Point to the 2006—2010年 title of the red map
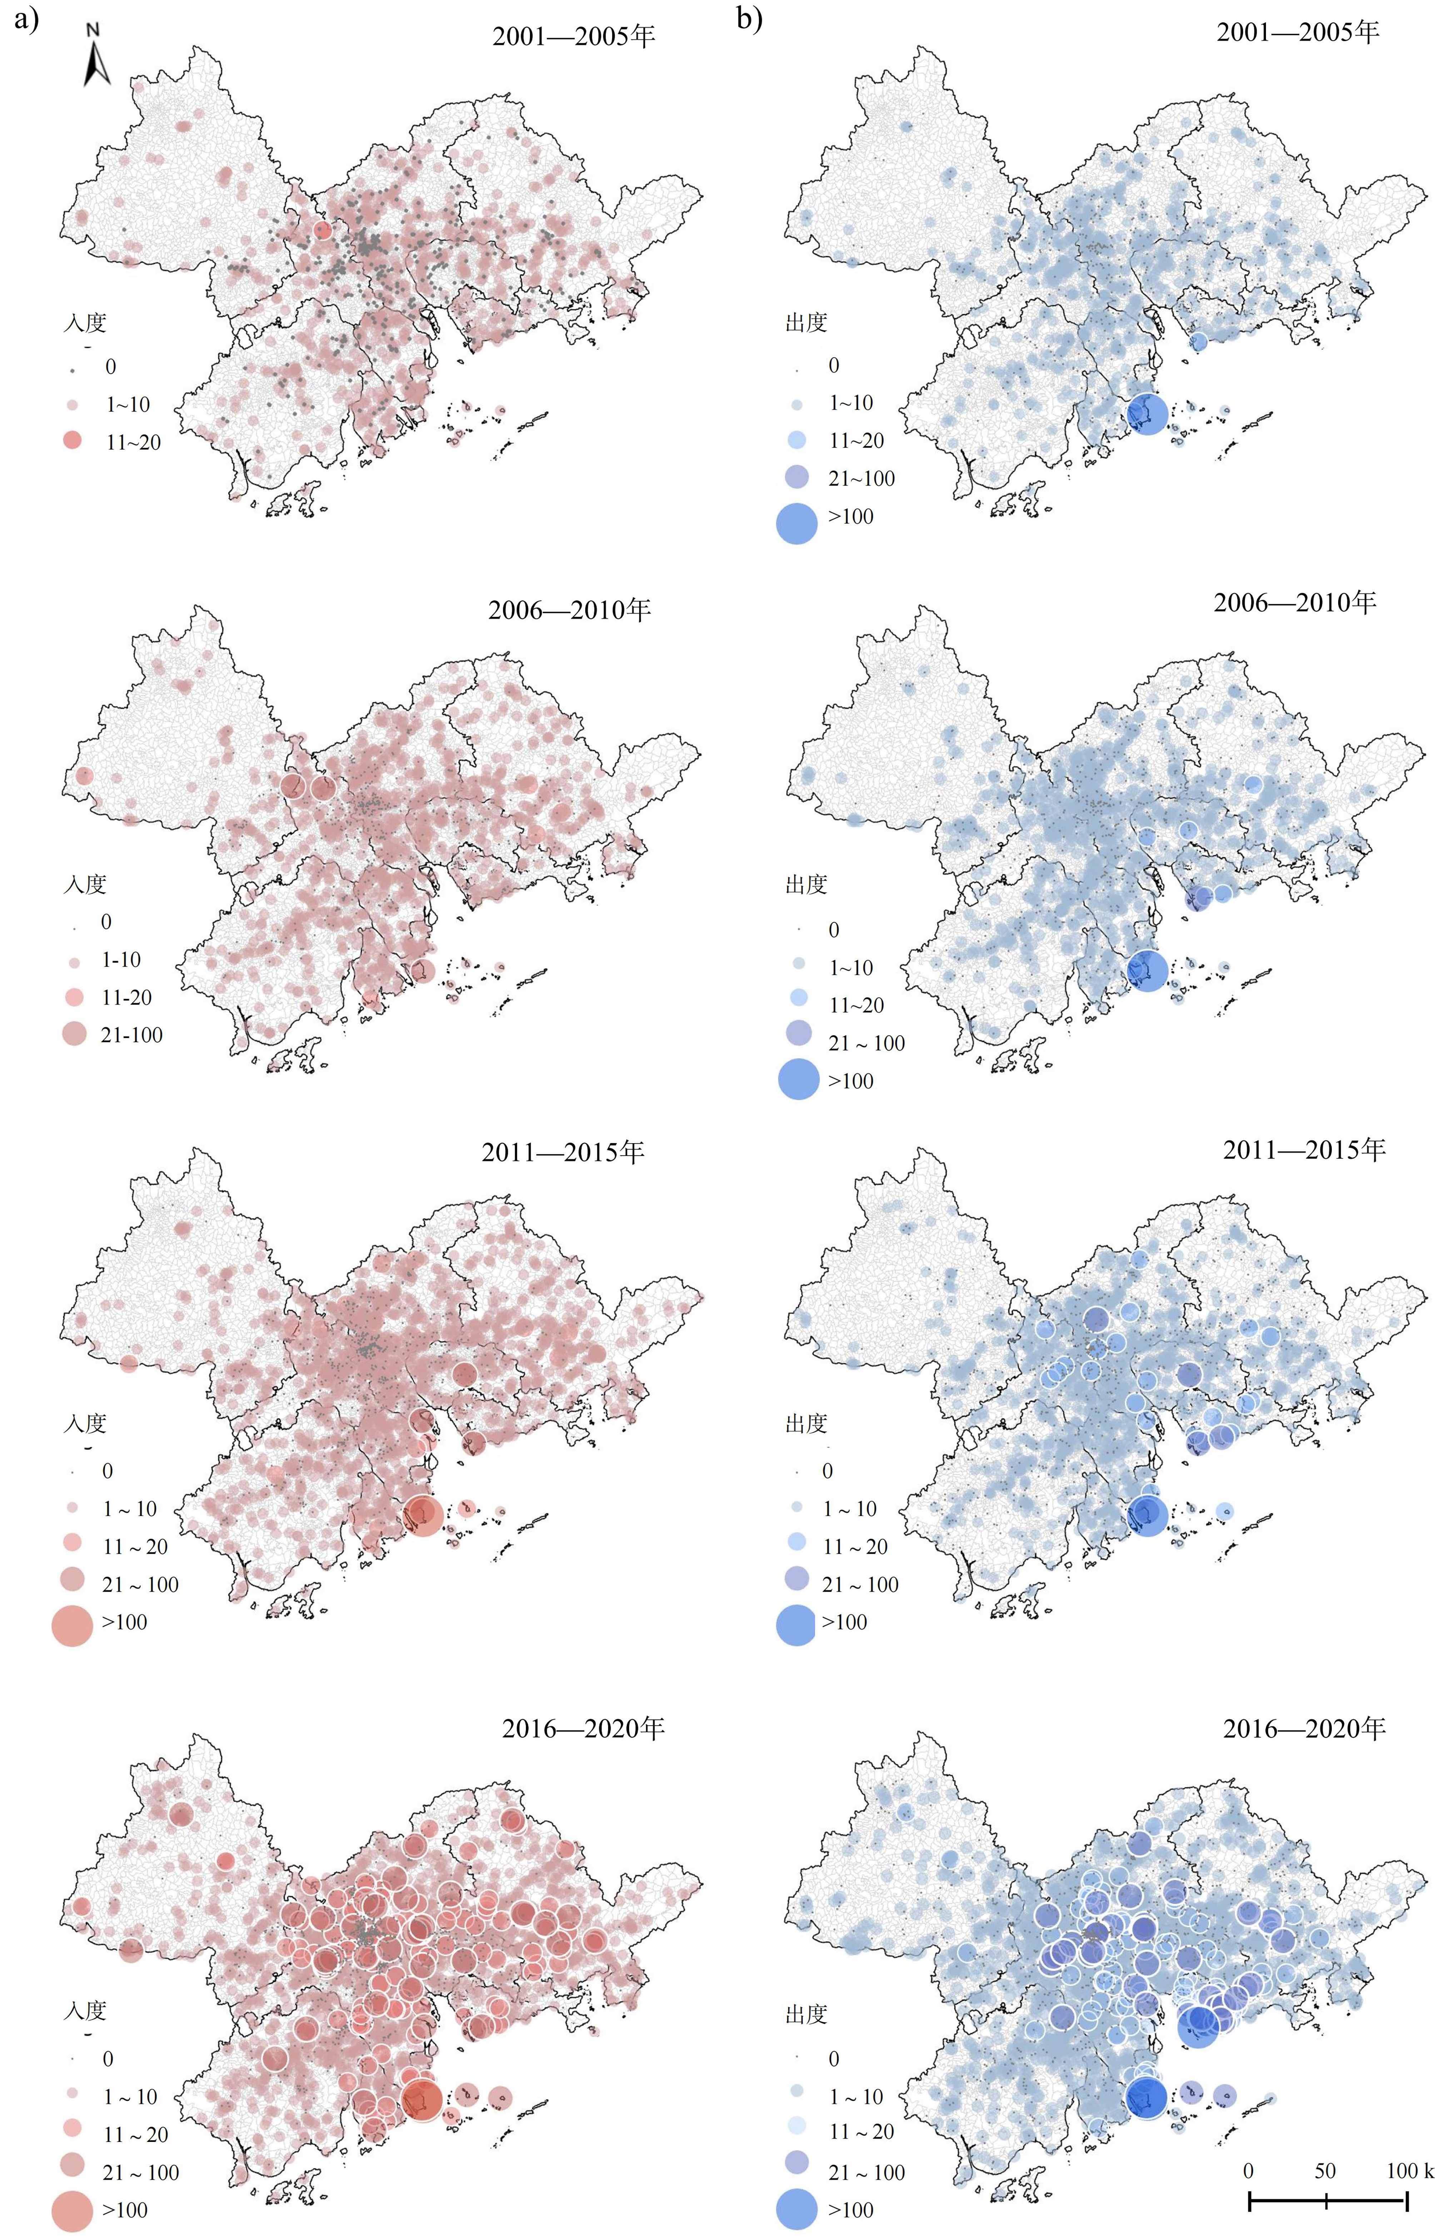click(568, 610)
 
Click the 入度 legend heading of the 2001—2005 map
click(85, 322)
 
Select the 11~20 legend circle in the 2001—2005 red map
click(73, 442)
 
